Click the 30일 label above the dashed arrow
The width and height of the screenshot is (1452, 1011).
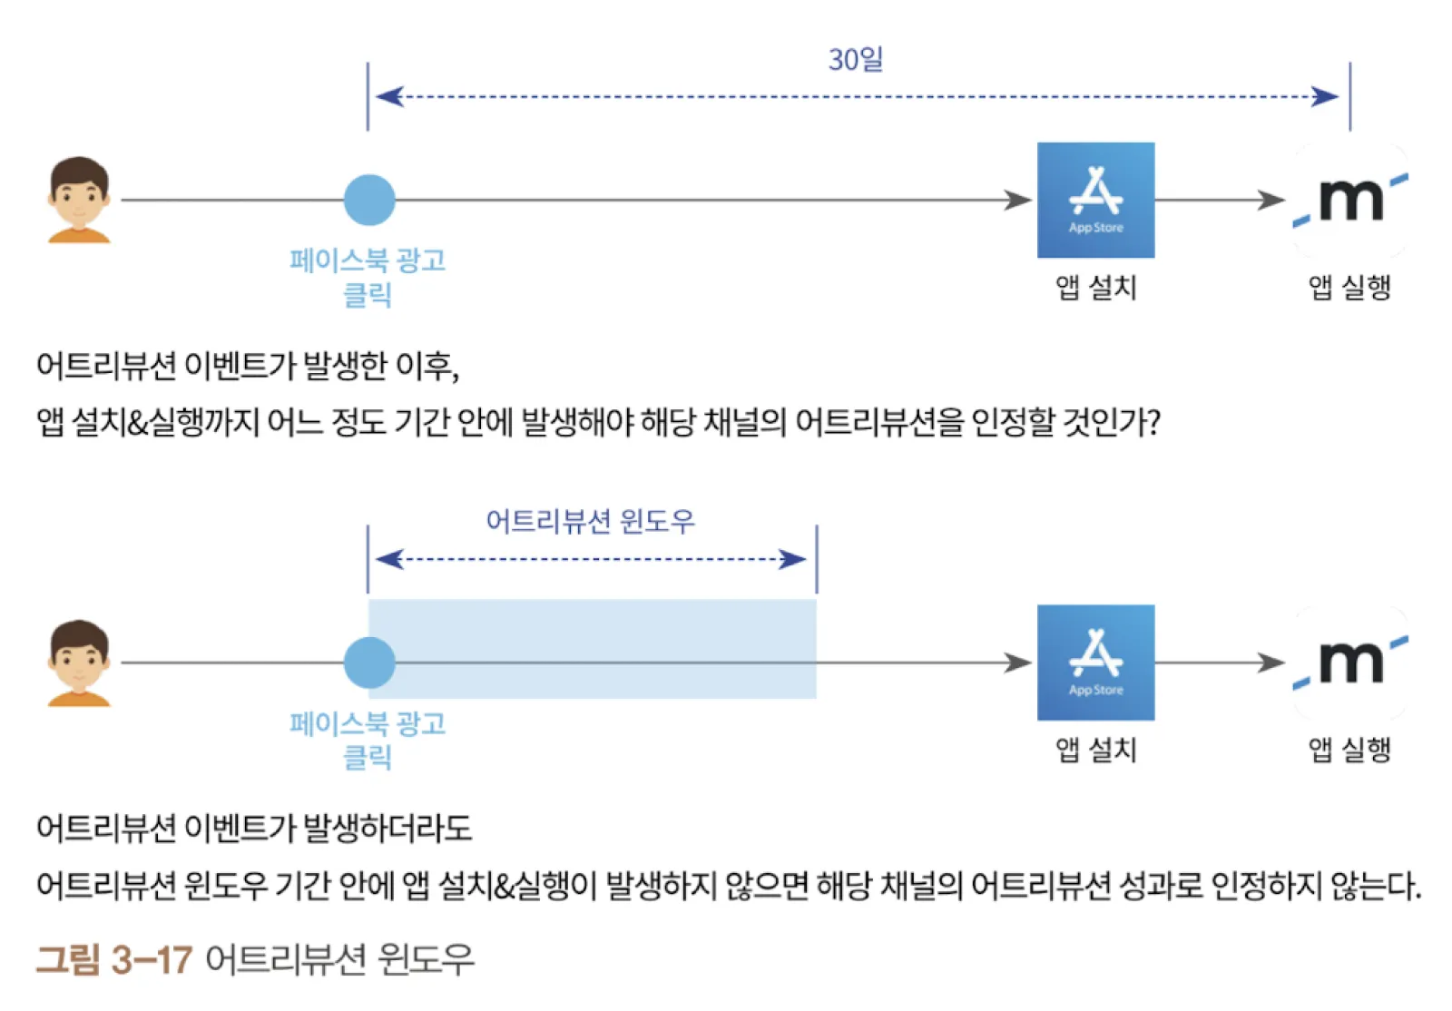855,60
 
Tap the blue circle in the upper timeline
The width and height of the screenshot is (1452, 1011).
369,200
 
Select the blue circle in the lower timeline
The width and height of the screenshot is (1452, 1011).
369,663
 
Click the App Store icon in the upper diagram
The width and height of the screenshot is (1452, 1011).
1095,200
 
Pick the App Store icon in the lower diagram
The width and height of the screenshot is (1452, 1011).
1095,663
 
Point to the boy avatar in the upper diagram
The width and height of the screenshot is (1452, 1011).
79,200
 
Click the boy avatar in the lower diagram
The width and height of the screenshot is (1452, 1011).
79,663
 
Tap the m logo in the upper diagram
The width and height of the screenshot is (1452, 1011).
1350,200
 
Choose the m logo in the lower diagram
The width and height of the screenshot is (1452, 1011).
1350,663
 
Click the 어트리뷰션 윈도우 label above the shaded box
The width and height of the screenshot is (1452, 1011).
590,521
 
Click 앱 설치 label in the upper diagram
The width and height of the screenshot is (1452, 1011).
1095,288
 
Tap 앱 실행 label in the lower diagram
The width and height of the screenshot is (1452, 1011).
1349,750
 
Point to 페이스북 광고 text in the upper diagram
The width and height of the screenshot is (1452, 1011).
368,260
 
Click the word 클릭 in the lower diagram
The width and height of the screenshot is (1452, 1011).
368,756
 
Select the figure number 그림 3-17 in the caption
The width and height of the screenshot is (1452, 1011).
114,959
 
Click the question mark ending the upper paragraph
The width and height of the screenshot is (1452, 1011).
1153,422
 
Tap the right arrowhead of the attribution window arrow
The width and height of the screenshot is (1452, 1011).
795,559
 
